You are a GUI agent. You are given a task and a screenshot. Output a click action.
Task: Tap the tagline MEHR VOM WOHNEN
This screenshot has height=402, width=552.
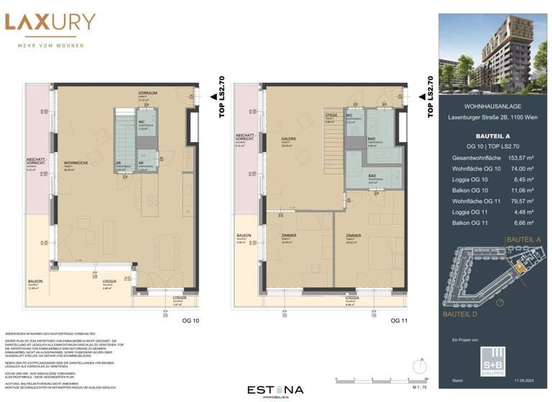[x=50, y=45]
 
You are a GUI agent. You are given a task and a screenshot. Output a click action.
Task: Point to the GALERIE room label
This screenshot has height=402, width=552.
[x=290, y=139]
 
